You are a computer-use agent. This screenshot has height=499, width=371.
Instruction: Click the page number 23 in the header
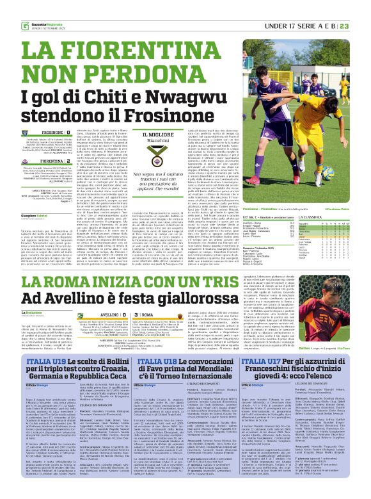(x=361, y=7)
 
